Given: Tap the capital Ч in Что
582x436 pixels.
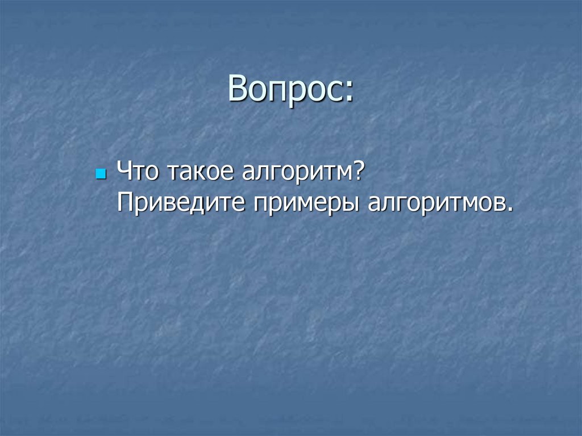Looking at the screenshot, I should coord(124,171).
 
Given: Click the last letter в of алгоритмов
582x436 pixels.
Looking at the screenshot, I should coord(497,204).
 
